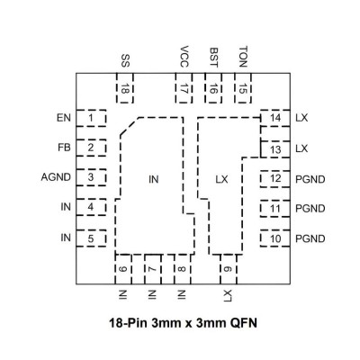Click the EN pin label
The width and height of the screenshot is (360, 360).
(64, 118)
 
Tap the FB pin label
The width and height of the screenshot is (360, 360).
(64, 148)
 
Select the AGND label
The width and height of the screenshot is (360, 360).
(56, 177)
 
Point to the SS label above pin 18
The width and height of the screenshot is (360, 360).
(125, 61)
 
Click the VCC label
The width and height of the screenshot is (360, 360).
(184, 57)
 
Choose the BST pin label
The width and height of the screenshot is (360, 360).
(213, 58)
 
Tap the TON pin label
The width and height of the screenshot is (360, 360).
(243, 57)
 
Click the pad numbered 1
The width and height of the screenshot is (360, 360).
(91, 118)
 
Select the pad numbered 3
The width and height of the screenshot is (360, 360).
(91, 177)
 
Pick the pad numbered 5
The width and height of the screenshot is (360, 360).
(91, 238)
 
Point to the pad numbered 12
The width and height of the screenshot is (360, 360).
(275, 179)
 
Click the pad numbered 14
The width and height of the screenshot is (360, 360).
(275, 118)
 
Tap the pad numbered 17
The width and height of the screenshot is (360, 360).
(184, 88)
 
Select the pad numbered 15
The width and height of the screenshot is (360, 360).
(243, 88)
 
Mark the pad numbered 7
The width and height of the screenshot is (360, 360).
(153, 269)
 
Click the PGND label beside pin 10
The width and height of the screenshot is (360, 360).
(310, 239)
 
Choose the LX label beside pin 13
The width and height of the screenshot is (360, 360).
(301, 148)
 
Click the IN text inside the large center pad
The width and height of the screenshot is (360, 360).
(153, 179)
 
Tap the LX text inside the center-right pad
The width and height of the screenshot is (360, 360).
(221, 179)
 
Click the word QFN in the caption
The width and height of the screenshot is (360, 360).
(244, 323)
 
